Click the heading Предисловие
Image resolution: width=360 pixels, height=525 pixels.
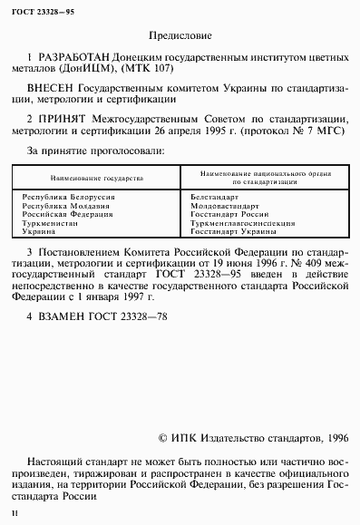(x=180, y=39)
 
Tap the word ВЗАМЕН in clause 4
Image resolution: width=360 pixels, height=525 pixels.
(x=60, y=317)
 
